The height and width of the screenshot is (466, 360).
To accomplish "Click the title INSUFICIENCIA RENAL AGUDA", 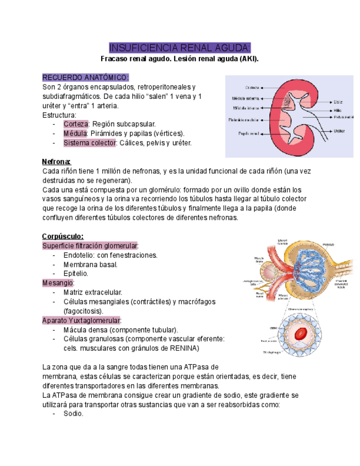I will tap(180, 47).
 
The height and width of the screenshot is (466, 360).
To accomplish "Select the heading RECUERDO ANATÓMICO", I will tap(86, 77).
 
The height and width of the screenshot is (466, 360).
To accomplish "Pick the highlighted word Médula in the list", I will tap(75, 134).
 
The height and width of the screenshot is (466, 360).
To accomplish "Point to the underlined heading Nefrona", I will tap(57, 162).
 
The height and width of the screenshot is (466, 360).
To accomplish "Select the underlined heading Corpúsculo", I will tap(63, 236).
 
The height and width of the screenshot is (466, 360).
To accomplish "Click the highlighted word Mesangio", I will tap(58, 283).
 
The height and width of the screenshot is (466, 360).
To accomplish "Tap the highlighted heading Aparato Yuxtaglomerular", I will tap(82, 320).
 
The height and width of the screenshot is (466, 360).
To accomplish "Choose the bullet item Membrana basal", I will tap(90, 264).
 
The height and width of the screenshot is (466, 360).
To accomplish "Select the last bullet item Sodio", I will tap(73, 414).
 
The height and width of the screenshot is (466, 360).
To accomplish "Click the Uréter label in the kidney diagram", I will tap(339, 131).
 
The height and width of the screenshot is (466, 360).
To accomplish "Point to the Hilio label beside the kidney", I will tap(337, 110).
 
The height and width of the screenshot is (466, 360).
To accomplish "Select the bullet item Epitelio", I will tap(75, 274).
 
